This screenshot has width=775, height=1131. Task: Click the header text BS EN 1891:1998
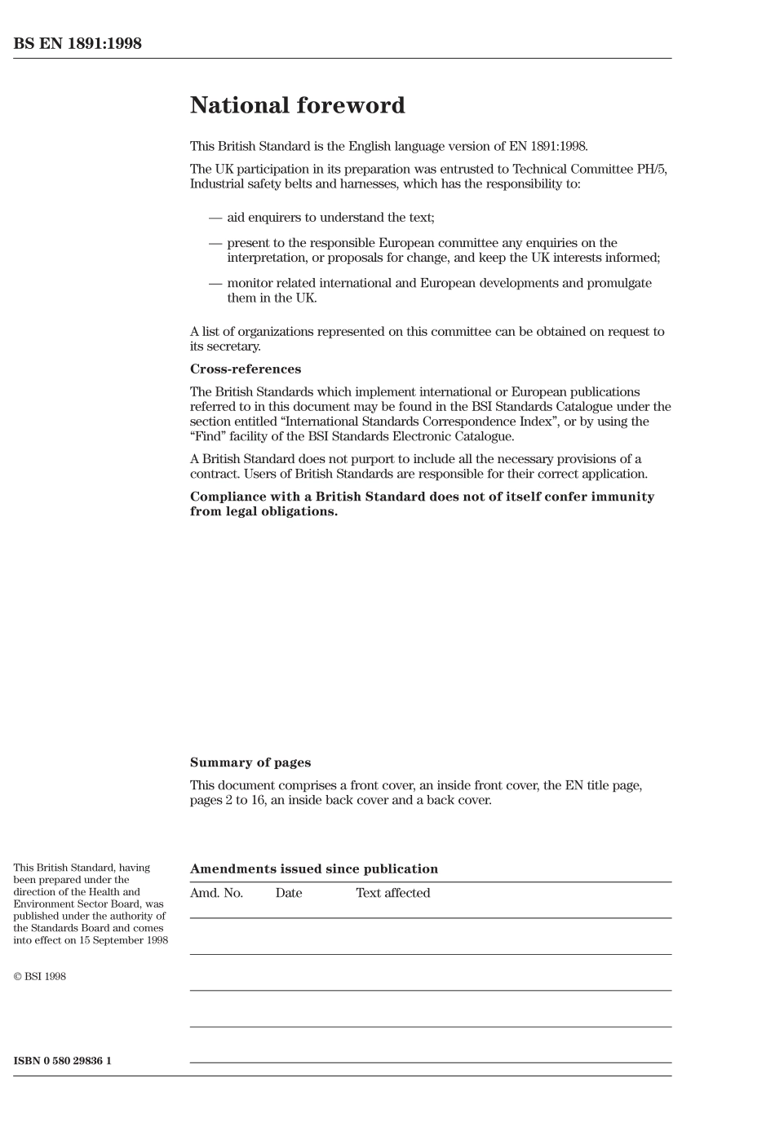click(x=77, y=44)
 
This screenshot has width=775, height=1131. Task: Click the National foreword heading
click(x=297, y=105)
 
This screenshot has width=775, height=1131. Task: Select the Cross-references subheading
click(x=246, y=369)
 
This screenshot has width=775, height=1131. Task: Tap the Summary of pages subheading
click(x=250, y=762)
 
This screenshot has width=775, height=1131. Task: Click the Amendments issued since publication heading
click(x=314, y=869)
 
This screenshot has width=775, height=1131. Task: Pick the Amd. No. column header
click(x=216, y=893)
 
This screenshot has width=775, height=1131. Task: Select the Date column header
click(x=289, y=893)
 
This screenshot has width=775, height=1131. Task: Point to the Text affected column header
click(x=392, y=893)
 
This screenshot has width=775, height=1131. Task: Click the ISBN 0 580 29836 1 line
click(x=62, y=1061)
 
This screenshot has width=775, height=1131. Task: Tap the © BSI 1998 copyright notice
click(x=39, y=976)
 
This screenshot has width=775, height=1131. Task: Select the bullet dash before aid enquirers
click(x=215, y=218)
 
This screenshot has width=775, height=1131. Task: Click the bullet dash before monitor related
click(x=215, y=283)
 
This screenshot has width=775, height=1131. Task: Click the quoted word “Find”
click(x=208, y=436)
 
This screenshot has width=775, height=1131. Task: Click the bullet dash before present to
click(x=215, y=243)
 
